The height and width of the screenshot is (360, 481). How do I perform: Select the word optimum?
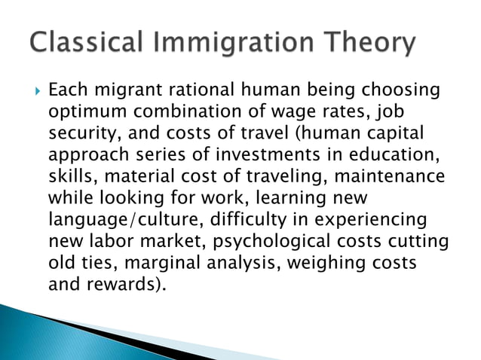click(85, 112)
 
